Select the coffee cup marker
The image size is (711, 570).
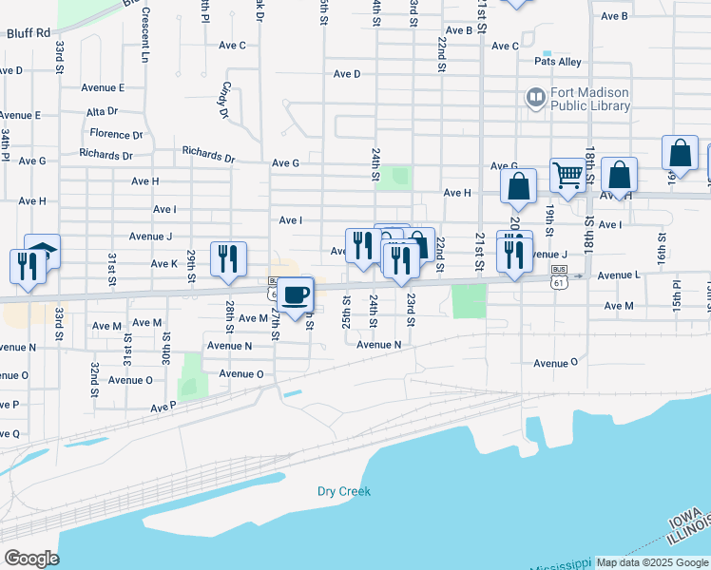(296, 294)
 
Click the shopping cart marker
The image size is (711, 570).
(567, 175)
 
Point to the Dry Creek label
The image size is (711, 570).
(343, 491)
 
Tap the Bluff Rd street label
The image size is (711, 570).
(28, 32)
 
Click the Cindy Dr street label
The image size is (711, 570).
(225, 100)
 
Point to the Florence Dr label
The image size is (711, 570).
(116, 135)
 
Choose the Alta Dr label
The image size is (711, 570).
(101, 111)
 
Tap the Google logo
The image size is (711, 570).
(30, 559)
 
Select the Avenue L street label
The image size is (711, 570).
(619, 275)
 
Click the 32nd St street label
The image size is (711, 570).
(95, 378)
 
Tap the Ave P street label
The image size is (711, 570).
(163, 408)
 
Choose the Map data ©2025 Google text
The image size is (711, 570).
(652, 562)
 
